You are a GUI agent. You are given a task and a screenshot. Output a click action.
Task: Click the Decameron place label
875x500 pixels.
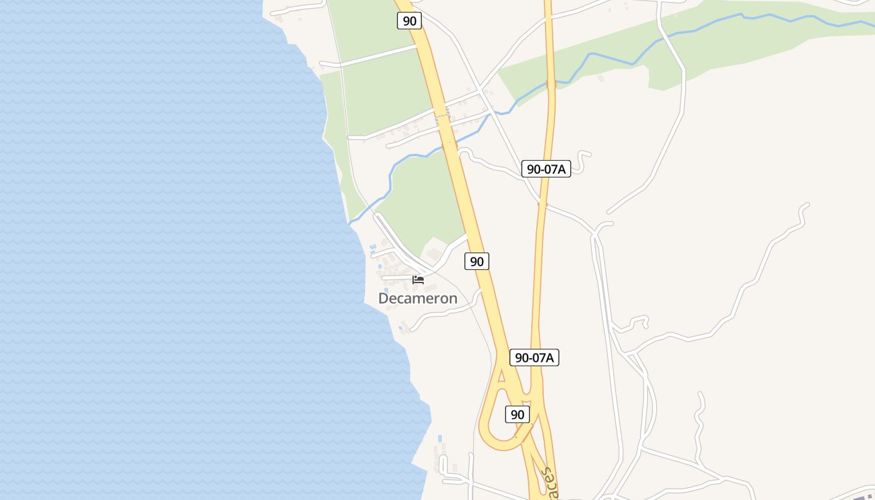[x=417, y=299]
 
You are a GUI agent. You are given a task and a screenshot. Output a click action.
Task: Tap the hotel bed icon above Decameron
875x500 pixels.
[x=418, y=279]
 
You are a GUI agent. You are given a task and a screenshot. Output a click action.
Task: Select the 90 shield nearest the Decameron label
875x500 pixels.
[x=477, y=261]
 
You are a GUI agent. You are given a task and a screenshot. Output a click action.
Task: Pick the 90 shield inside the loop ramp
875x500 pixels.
[x=517, y=414]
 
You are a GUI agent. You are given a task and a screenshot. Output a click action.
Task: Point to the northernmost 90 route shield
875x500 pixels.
[x=409, y=21]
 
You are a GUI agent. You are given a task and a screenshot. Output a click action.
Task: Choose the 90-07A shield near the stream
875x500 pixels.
[x=546, y=168]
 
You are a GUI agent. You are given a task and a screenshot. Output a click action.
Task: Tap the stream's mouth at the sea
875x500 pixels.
[x=349, y=222]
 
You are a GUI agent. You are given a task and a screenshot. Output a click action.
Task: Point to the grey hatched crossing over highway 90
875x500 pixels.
[x=442, y=115]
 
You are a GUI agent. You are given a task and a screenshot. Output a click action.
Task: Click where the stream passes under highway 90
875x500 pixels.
[x=449, y=146]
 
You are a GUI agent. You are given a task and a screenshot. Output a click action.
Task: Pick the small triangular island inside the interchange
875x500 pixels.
[x=501, y=376]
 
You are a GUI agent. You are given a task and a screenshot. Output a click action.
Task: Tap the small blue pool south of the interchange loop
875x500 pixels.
[x=440, y=437]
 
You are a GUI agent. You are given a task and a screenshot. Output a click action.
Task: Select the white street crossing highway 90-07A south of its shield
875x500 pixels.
[x=542, y=204]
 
